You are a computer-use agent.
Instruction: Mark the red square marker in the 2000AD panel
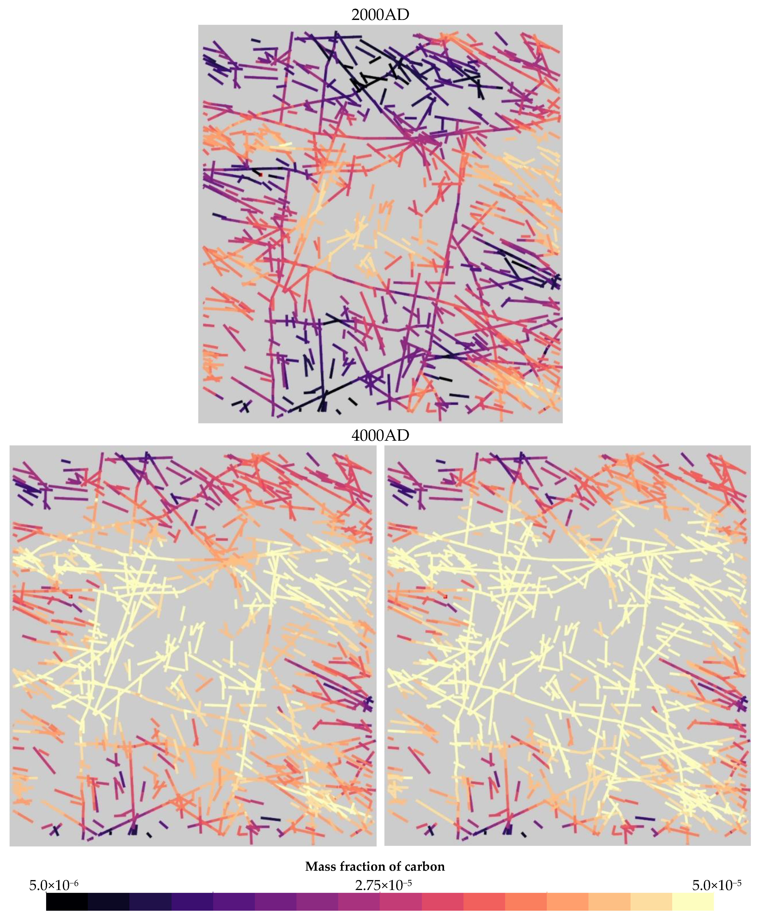[261, 174]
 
